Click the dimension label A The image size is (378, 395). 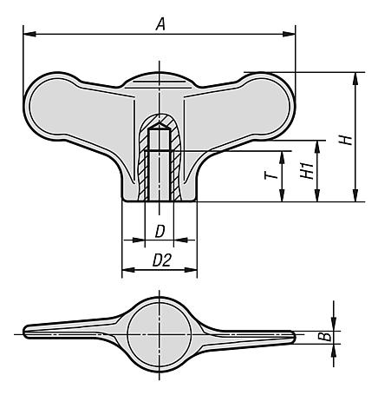coord(160,23)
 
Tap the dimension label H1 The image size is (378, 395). coord(307,170)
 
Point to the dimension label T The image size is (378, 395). coord(271,175)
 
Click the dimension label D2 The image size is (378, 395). coord(162,260)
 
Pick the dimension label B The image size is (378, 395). coord(324,337)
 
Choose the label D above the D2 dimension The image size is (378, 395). coord(160,231)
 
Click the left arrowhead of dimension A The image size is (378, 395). coord(29,34)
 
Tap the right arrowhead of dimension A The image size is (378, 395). coord(289,34)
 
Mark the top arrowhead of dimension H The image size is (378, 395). coord(355,78)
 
